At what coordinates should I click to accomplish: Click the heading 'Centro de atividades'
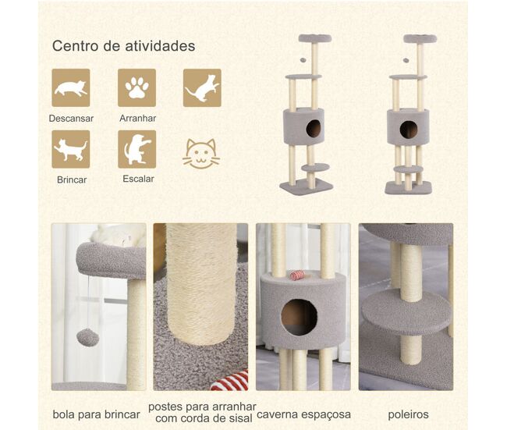point(123,45)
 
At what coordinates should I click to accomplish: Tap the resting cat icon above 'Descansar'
point(71,87)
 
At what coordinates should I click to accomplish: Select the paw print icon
point(136,87)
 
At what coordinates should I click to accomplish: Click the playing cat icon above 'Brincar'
point(71,149)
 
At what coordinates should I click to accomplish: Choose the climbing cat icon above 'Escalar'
point(136,149)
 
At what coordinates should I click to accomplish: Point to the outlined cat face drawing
point(201,154)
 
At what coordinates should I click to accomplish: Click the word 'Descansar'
point(71,119)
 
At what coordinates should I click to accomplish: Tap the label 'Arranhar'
point(138,118)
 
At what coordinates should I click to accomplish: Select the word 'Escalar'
point(138,179)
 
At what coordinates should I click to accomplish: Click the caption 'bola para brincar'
point(97,414)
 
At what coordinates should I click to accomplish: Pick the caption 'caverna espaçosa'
point(303,414)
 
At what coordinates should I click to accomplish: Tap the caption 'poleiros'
point(409,414)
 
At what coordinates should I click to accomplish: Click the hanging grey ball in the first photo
point(87,337)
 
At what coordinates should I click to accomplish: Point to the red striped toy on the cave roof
point(296,275)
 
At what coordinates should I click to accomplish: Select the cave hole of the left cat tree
point(314,129)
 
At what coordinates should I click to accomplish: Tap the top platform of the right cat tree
point(420,39)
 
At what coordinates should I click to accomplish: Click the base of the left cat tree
point(307,187)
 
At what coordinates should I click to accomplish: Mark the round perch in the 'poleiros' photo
point(406,311)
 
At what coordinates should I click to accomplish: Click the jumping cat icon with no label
point(203,87)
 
